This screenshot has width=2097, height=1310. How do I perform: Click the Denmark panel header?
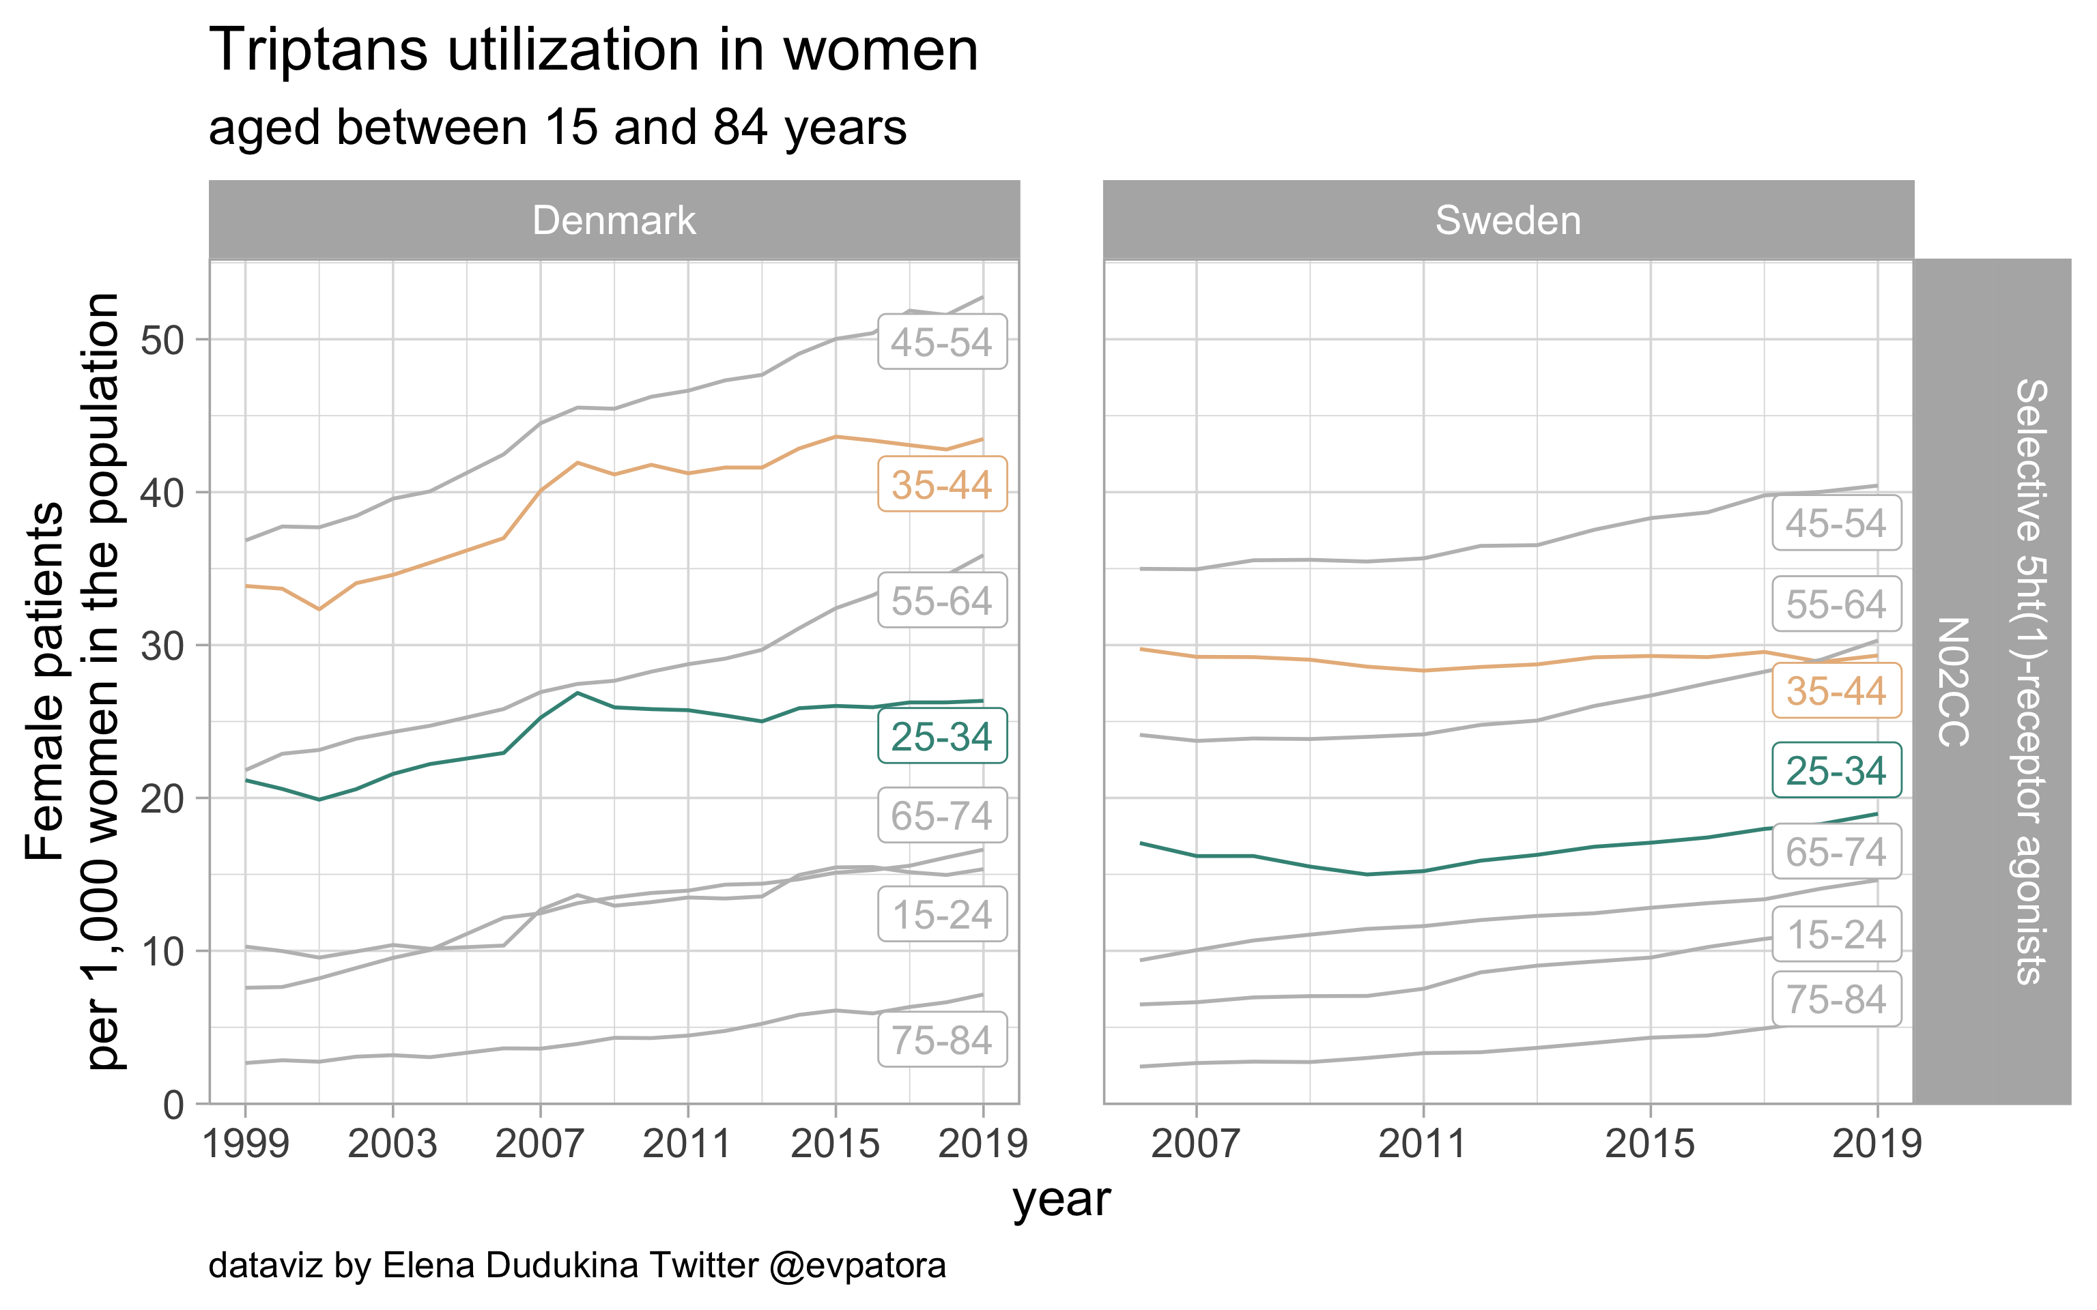click(x=614, y=220)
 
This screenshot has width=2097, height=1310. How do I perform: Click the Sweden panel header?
click(x=1508, y=220)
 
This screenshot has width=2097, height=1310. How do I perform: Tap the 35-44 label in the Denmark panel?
click(x=942, y=484)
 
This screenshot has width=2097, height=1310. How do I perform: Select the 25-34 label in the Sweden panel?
click(x=1836, y=770)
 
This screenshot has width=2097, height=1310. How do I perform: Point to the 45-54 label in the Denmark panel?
click(x=942, y=343)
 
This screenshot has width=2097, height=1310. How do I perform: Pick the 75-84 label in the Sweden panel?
click(x=1836, y=999)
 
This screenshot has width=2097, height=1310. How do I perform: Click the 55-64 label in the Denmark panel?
click(x=942, y=600)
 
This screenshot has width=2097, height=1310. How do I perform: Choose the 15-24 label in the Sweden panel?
click(x=1836, y=934)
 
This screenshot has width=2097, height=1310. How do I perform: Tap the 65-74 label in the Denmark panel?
click(x=942, y=815)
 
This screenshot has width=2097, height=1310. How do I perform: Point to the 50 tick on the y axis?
click(x=163, y=340)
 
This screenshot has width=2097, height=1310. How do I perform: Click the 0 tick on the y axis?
click(x=173, y=1105)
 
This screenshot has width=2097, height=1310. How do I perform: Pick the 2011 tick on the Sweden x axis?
click(x=1422, y=1144)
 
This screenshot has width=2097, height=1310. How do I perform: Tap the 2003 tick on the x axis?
click(x=393, y=1144)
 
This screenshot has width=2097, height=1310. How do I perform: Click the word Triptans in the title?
click(x=318, y=50)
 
